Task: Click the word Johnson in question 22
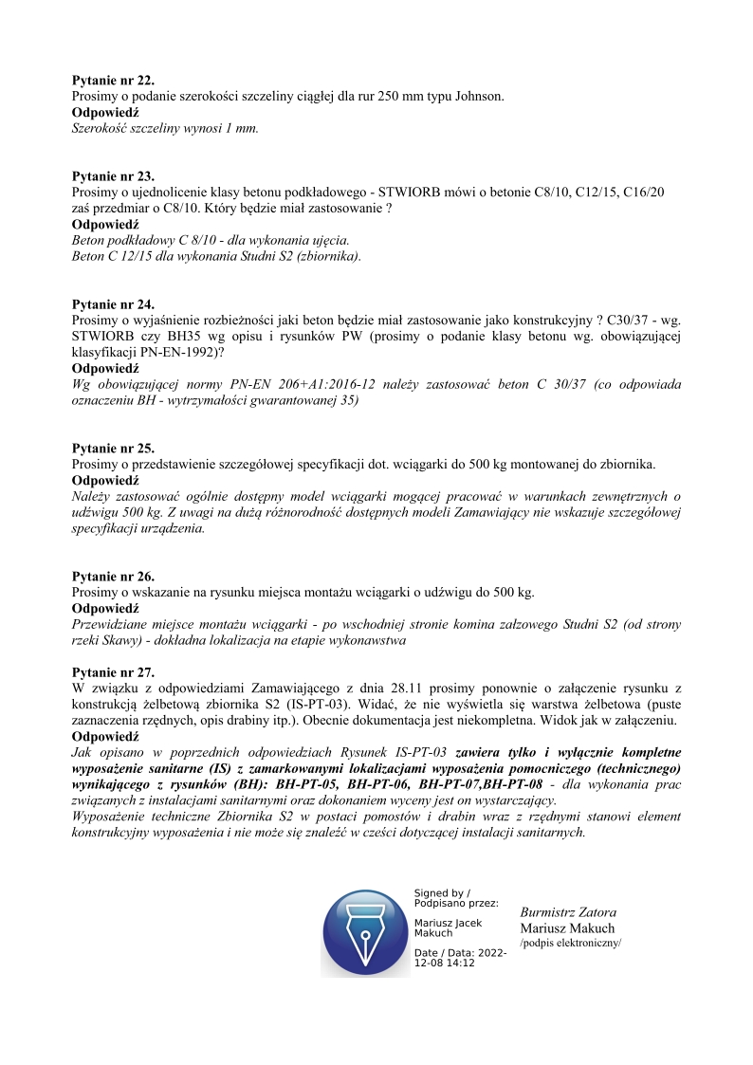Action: point(480,97)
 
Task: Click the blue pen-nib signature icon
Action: point(365,928)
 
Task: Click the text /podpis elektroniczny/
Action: point(570,945)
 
